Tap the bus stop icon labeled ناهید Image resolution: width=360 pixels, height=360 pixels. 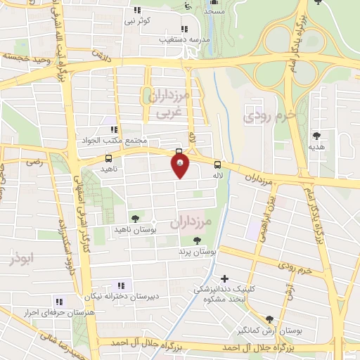pos(108,158)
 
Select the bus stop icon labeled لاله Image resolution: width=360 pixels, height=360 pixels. pos(217,165)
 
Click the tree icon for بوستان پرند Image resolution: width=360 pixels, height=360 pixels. pos(186,240)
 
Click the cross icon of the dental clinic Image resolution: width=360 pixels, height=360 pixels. pos(224,279)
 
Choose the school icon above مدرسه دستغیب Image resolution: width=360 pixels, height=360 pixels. pos(184,30)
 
